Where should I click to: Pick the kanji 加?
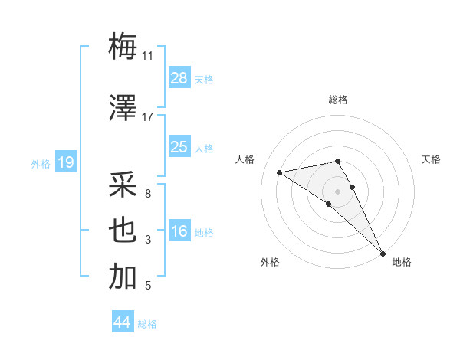pyautogui.click(x=123, y=277)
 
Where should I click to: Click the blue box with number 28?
pyautogui.click(x=179, y=77)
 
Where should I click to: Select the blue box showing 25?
pyautogui.click(x=179, y=147)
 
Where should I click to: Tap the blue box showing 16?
pyautogui.click(x=179, y=231)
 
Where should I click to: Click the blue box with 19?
pyautogui.click(x=65, y=162)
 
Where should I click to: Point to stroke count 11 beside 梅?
pyautogui.click(x=147, y=56)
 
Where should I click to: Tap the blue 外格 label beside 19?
pyautogui.click(x=41, y=163)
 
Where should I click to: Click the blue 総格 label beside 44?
pyautogui.click(x=147, y=324)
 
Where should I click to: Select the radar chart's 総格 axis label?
pyautogui.click(x=338, y=100)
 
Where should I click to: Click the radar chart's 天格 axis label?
pyautogui.click(x=431, y=159)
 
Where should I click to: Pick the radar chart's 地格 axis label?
pyautogui.click(x=402, y=262)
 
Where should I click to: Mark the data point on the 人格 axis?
pyautogui.click(x=280, y=172)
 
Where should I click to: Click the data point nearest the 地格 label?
pyautogui.click(x=383, y=252)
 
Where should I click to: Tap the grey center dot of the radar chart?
pyautogui.click(x=337, y=191)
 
